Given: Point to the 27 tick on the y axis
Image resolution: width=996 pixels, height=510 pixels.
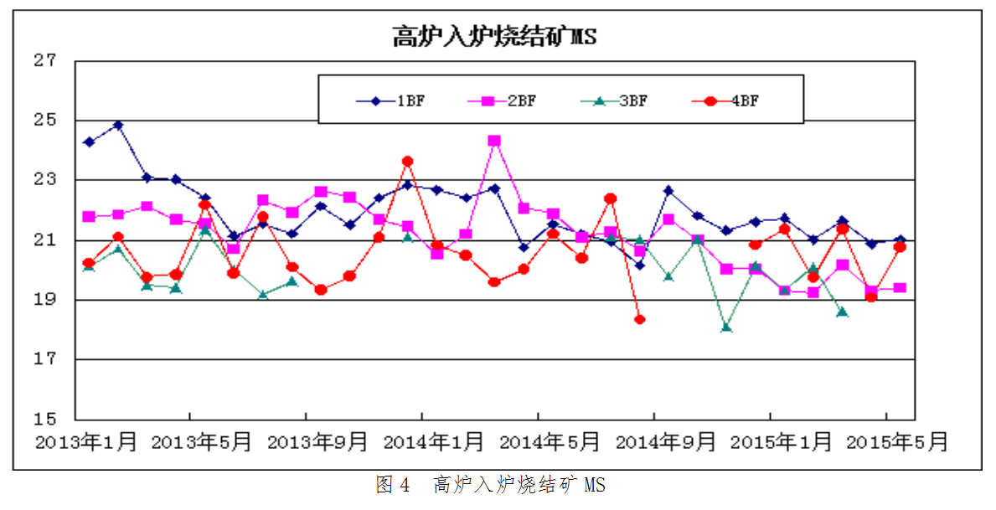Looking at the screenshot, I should [45, 60].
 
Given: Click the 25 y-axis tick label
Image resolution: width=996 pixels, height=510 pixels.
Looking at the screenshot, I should [45, 120].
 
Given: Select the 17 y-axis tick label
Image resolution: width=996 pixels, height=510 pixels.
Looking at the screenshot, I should [45, 359].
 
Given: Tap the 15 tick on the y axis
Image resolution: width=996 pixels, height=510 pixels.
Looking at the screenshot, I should [45, 419].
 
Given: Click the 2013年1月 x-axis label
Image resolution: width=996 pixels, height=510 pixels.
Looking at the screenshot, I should [86, 442].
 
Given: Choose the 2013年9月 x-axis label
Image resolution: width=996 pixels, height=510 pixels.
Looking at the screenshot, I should [317, 442].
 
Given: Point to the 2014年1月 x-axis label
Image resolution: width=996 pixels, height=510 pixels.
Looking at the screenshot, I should [433, 442].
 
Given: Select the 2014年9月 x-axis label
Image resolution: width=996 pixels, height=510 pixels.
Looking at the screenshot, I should [666, 442].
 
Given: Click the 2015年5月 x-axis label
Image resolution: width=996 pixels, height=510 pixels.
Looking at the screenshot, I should [897, 442].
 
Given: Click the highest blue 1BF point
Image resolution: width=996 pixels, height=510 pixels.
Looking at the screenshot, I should [118, 126].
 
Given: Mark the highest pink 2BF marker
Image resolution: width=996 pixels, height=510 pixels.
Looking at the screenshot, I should [494, 141].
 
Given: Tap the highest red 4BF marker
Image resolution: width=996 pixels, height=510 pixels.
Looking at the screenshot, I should [407, 161].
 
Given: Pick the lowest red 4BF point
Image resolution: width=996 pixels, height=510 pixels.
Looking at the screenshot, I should [640, 319].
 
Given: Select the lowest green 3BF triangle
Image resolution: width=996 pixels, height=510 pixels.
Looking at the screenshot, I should [726, 327].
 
